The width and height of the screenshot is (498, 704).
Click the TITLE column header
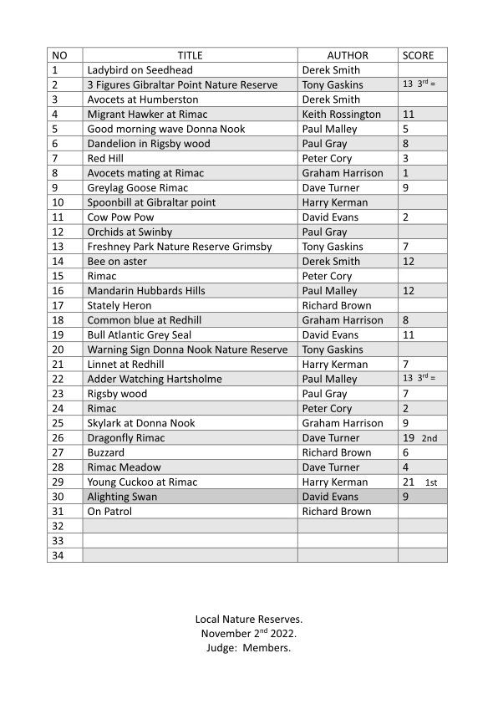pyautogui.click(x=190, y=55)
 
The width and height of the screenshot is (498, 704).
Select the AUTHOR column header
pyautogui.click(x=347, y=55)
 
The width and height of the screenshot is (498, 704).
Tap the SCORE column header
pyautogui.click(x=418, y=55)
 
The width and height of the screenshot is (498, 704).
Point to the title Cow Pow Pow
pyautogui.click(x=120, y=217)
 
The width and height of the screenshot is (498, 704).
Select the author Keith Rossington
pyautogui.click(x=341, y=115)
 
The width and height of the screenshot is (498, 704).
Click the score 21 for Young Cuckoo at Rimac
pyautogui.click(x=409, y=482)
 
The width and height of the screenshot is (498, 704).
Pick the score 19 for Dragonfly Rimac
pyautogui.click(x=409, y=438)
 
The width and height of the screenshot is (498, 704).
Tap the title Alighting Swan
pyautogui.click(x=122, y=497)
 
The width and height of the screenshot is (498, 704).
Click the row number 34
pyautogui.click(x=58, y=555)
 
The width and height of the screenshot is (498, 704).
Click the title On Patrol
pyautogui.click(x=110, y=512)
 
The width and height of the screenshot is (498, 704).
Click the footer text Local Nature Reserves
pyautogui.click(x=249, y=620)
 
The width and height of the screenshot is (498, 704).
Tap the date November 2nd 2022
pyautogui.click(x=249, y=634)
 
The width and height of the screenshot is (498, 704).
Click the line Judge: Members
pyautogui.click(x=249, y=648)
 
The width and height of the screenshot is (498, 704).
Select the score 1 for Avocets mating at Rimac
pyautogui.click(x=405, y=173)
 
